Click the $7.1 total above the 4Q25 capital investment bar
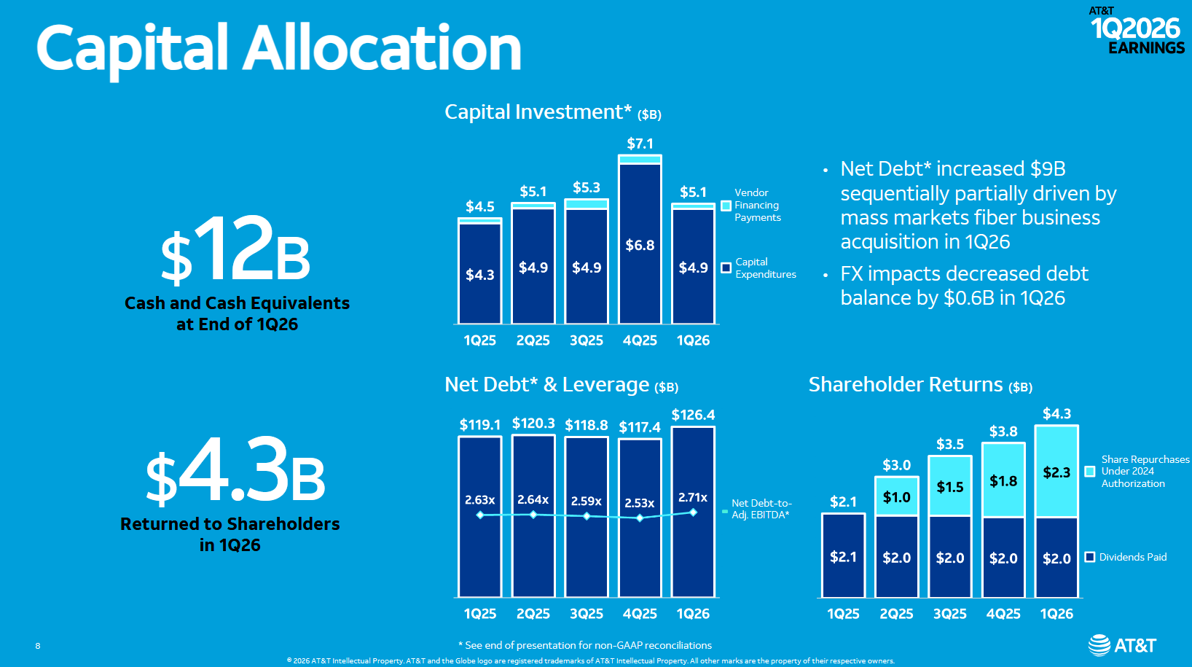coord(640,144)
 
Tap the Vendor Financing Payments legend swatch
coord(726,206)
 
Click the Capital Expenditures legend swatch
coord(726,268)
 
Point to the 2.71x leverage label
coord(692,497)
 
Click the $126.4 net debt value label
coord(692,415)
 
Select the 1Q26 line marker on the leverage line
coord(693,512)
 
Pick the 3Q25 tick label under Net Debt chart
coord(586,614)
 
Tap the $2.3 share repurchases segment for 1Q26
coord(1056,472)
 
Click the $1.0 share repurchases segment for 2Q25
coord(896,496)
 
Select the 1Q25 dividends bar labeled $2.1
coord(843,556)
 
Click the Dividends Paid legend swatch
coord(1090,557)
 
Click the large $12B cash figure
coord(235,249)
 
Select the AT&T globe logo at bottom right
coord(1099,645)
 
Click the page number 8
coord(38,646)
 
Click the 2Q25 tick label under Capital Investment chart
coord(533,340)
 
